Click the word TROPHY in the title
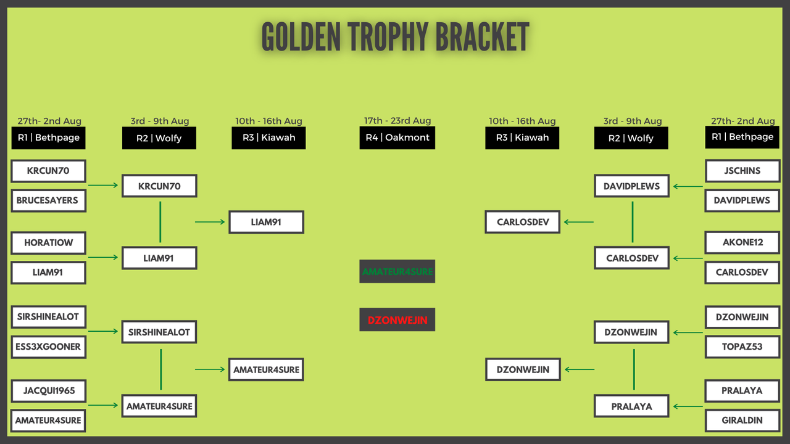click(388, 36)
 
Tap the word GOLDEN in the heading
click(301, 36)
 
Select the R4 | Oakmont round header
click(397, 138)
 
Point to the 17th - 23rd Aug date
click(397, 120)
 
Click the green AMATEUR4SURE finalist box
click(397, 271)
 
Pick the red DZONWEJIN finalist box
click(397, 319)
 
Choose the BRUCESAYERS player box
click(48, 200)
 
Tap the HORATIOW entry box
click(48, 243)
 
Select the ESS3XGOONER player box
click(48, 347)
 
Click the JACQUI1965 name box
click(48, 391)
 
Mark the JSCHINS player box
click(742, 171)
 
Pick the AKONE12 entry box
click(742, 242)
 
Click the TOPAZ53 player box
click(742, 347)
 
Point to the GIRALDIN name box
click(742, 421)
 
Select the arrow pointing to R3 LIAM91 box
click(210, 222)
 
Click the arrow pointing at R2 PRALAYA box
click(688, 406)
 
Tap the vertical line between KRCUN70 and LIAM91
click(160, 222)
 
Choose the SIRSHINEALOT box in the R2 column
click(159, 332)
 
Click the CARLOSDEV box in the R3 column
click(522, 222)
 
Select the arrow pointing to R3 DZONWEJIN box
click(580, 369)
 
